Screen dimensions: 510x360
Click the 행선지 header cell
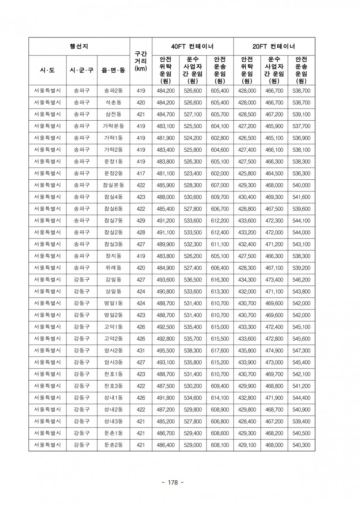tap(79, 46)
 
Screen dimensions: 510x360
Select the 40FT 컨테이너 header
tap(192, 46)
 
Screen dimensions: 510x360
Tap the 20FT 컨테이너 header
tap(274, 46)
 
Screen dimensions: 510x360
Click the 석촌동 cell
tap(113, 103)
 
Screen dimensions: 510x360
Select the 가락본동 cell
tap(113, 126)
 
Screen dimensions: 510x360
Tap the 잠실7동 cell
tap(113, 220)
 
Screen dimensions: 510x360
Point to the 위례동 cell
tap(113, 267)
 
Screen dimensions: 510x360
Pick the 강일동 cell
tap(113, 279)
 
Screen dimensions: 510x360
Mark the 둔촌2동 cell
tap(113, 444)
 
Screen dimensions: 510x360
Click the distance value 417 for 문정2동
tap(141, 173)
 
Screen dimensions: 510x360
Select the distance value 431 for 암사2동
tap(141, 350)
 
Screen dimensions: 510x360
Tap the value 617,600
tap(220, 350)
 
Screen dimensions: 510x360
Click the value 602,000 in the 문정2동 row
tap(220, 173)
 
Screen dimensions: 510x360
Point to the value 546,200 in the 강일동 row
tap(301, 279)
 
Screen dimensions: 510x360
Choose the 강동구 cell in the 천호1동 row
tap(82, 374)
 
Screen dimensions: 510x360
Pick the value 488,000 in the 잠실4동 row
tap(166, 197)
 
